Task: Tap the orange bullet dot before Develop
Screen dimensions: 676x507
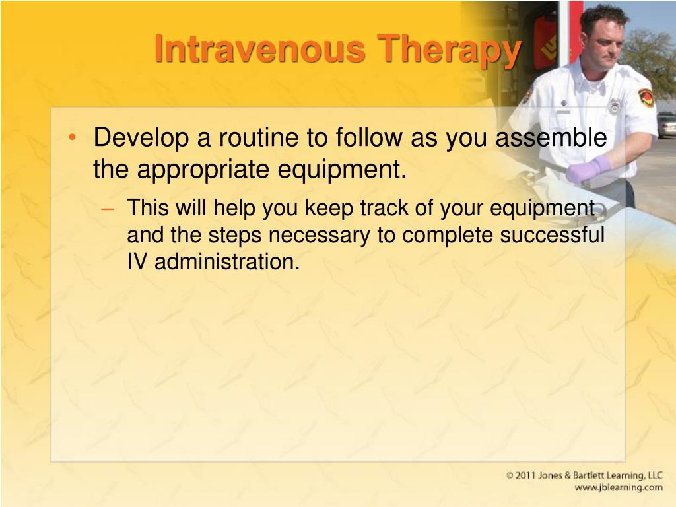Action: pyautogui.click(x=72, y=137)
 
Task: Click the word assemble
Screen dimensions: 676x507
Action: pyautogui.click(x=551, y=137)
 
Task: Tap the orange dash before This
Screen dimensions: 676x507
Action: pyautogui.click(x=108, y=209)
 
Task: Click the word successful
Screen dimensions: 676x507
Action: pyautogui.click(x=553, y=234)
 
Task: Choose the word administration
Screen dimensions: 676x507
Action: pyautogui.click(x=227, y=261)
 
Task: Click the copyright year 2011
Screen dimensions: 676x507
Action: pyautogui.click(x=525, y=475)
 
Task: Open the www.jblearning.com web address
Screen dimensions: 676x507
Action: pyautogui.click(x=619, y=488)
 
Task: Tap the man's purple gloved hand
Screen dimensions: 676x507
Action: pyautogui.click(x=588, y=168)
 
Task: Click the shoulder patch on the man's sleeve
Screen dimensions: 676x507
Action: pyautogui.click(x=646, y=98)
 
